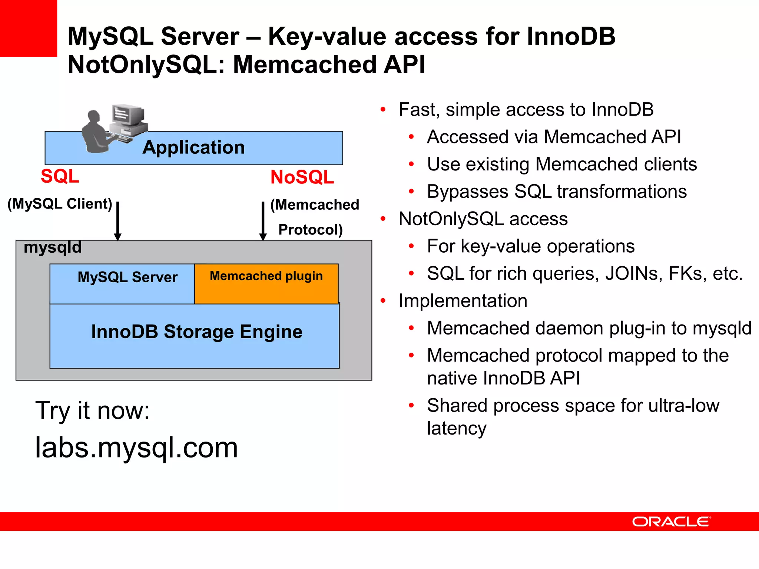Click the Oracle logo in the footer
(x=671, y=521)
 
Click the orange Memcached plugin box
(x=266, y=284)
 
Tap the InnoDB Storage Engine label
(x=196, y=332)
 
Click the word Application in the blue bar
(x=193, y=147)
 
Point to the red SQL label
(x=60, y=176)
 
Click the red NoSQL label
(x=302, y=177)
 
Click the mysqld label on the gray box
(x=52, y=247)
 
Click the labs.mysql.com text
(x=136, y=447)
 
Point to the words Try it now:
(x=92, y=410)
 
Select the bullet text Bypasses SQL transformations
(x=557, y=192)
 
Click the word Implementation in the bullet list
(x=463, y=300)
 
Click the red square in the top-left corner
(x=28, y=28)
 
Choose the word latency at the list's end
(x=456, y=428)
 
